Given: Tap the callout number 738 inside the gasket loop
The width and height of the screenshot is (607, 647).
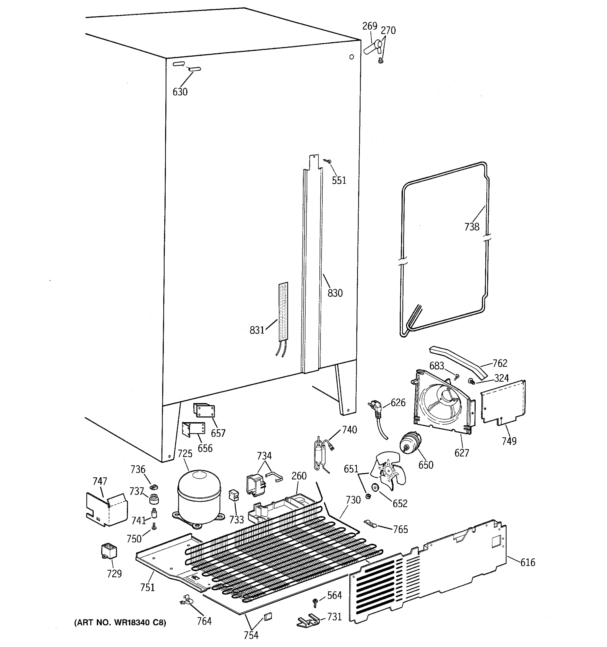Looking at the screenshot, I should click(472, 226).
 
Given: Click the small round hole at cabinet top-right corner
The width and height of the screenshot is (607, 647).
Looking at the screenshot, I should click(351, 57).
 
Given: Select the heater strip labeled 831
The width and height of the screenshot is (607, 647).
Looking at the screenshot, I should click(283, 311).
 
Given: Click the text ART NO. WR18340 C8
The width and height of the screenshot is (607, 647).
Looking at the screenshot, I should click(120, 622).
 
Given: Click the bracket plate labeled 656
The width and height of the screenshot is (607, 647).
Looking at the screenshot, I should click(193, 429).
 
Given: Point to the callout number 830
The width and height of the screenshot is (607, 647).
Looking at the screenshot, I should click(335, 293).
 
